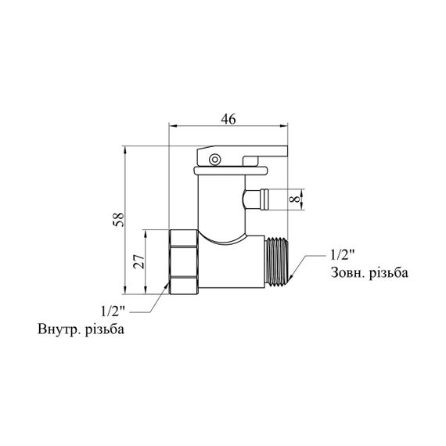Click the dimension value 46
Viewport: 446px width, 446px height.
point(228,119)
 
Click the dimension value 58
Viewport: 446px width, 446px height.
point(119,219)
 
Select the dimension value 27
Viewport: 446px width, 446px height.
point(139,261)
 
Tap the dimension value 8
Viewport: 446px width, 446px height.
point(295,199)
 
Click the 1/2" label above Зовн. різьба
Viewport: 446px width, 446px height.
point(343,255)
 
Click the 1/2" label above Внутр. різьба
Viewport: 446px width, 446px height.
point(113,311)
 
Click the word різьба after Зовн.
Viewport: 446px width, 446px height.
point(389,272)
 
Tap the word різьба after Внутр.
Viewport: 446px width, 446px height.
point(105,329)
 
